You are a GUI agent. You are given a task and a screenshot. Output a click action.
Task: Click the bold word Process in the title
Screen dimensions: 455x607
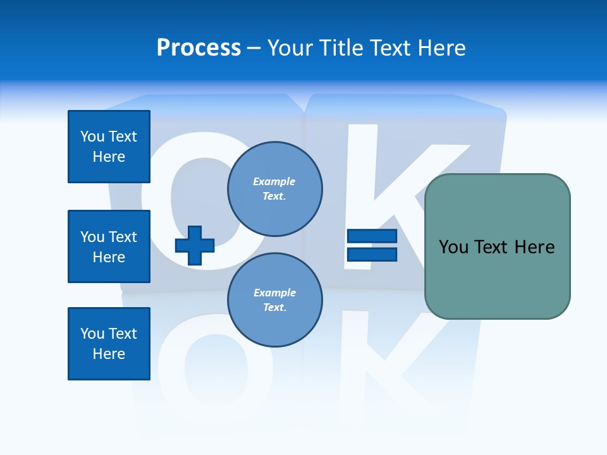tap(199, 48)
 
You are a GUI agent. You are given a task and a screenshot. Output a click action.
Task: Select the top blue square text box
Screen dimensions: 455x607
tap(109, 147)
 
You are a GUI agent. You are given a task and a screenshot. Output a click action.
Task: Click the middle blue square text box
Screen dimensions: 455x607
tap(109, 246)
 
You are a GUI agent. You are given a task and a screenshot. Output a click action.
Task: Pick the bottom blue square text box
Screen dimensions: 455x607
tap(109, 344)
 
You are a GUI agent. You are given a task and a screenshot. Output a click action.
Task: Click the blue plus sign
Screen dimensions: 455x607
tap(195, 246)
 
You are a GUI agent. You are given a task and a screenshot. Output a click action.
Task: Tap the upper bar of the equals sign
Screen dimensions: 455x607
tap(372, 236)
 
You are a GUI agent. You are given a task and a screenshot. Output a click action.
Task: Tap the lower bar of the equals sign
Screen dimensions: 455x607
tap(372, 254)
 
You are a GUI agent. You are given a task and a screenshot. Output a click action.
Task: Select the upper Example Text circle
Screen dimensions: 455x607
tap(274, 188)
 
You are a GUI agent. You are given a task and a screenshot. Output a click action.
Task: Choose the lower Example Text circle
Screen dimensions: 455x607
tap(274, 300)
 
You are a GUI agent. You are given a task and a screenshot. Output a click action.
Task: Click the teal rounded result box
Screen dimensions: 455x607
tap(497, 246)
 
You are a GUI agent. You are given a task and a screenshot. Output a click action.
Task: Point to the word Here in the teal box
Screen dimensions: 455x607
tap(534, 246)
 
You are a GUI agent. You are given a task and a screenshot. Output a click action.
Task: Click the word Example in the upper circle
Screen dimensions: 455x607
tap(274, 181)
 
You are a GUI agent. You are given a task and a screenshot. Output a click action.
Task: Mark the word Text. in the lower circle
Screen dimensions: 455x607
tap(274, 308)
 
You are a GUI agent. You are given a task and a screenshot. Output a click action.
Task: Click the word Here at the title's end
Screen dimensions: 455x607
tap(440, 48)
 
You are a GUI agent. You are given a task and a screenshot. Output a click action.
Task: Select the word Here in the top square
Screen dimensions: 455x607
tap(109, 157)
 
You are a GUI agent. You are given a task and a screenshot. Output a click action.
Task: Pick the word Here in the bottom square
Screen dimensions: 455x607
tap(109, 354)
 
